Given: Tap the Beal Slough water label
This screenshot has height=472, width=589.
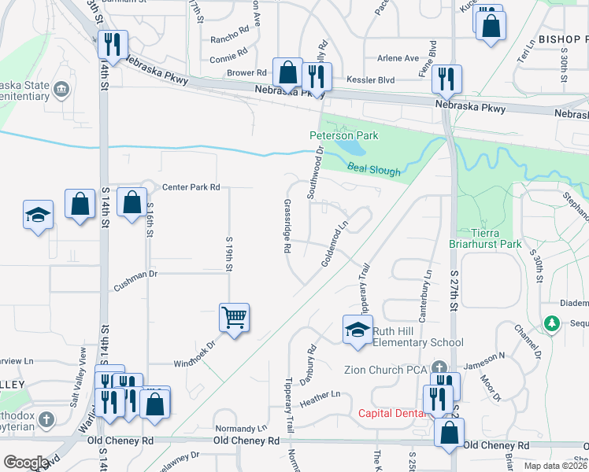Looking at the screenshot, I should pos(374,168).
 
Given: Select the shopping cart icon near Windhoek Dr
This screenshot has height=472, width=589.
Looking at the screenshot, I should pos(234,318).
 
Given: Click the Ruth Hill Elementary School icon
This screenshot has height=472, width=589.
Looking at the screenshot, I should pos(357,329).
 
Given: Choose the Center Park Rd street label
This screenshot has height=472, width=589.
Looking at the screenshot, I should pos(191,187).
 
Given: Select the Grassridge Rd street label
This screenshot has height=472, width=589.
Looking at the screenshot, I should pos(287,225).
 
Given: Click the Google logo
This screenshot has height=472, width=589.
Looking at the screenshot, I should pos(26,463).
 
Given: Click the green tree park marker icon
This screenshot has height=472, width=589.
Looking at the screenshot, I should pos(552,323).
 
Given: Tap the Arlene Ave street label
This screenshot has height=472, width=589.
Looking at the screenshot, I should pos(398,58).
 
